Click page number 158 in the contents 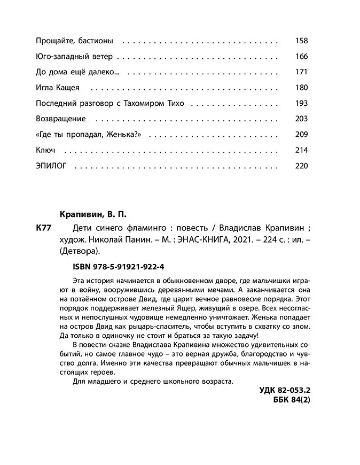pos(301,41)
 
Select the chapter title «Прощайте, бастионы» pos(74,41)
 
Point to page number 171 pos(301,72)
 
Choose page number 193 pos(301,103)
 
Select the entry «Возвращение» pos(60,119)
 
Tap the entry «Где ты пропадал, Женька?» pos(88,135)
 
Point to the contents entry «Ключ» pos(45,150)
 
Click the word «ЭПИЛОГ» pos(50,166)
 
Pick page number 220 pos(301,166)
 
